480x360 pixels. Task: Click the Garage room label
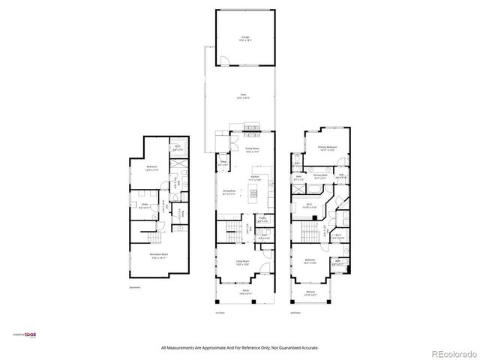245,37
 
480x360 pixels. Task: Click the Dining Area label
229,193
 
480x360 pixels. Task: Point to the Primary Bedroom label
327,147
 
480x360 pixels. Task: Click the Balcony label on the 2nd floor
310,293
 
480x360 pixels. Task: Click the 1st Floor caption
220,312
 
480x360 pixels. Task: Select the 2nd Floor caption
296,312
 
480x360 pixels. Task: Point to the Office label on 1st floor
223,161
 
